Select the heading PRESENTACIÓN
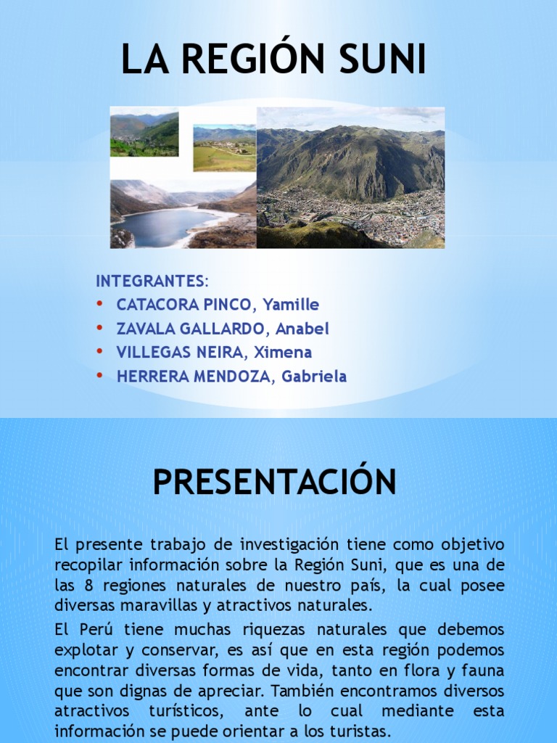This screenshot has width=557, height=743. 275,482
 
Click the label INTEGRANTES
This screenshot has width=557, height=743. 151,281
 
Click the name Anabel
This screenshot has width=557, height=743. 302,329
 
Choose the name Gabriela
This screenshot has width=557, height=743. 314,377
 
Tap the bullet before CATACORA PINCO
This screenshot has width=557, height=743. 100,305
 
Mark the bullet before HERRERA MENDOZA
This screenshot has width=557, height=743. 100,377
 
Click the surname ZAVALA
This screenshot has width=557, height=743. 145,329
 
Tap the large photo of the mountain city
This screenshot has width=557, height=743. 350,178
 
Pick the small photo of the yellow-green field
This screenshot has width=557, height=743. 224,149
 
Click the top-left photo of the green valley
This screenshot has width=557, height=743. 144,134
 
